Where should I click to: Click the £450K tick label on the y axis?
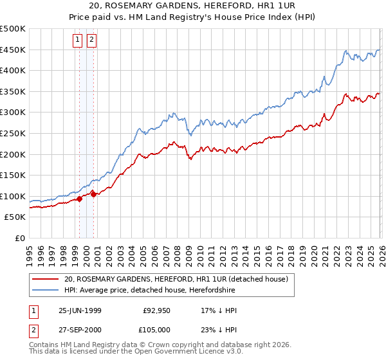tap(13, 50)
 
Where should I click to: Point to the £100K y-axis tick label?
tap(13, 196)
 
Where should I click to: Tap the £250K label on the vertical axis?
tap(13, 133)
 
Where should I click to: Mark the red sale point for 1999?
tap(80, 199)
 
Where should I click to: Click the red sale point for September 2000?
tap(94, 194)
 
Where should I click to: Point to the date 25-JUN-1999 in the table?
tap(80, 310)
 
